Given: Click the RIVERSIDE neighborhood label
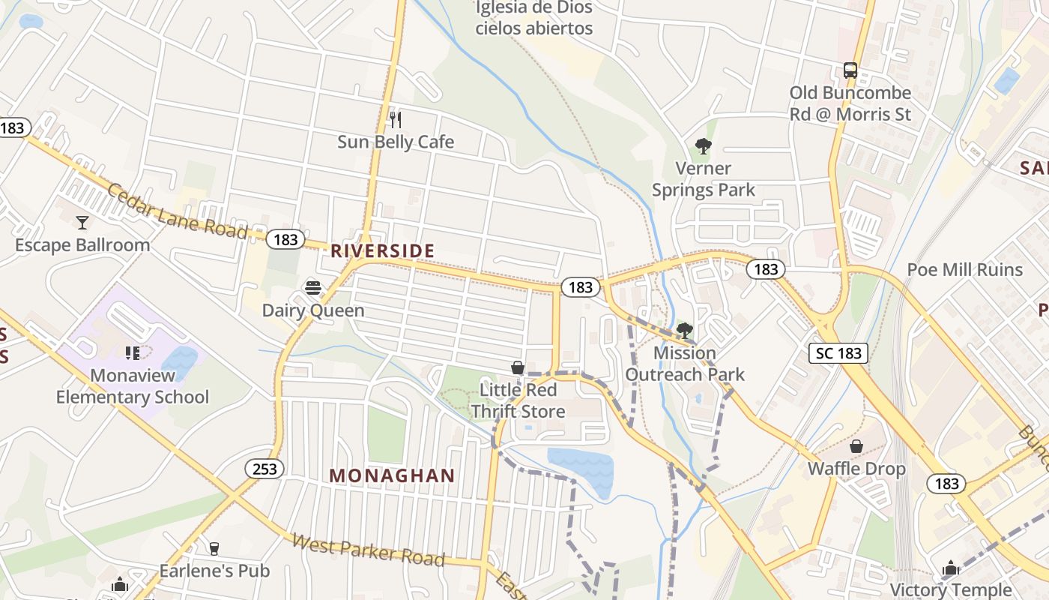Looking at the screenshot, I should pos(382,250).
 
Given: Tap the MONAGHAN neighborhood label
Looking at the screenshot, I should pos(392,475).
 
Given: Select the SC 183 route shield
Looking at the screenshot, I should pos(838,353).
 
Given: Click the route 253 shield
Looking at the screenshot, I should pos(264,469).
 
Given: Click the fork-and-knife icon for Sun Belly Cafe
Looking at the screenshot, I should pos(396,119).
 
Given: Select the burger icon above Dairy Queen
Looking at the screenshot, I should pos(313,288).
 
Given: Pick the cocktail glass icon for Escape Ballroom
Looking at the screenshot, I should pos(82,222).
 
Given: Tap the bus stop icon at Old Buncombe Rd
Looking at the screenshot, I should pos(850,70).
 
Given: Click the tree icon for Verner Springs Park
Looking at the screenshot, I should pos(703,145).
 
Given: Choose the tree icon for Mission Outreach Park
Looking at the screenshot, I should pos(684,330).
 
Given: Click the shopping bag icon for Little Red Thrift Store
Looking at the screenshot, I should pos(517,367).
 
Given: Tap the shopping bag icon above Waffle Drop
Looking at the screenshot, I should pos(856,446).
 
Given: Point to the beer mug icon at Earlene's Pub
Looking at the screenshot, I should pos(214,548).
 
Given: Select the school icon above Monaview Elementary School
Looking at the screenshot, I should pos(133,352).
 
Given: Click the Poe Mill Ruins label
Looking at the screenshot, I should pos(964,270).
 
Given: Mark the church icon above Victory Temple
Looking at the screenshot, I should pos(951,568).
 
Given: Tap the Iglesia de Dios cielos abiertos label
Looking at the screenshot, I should pos(534,18).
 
